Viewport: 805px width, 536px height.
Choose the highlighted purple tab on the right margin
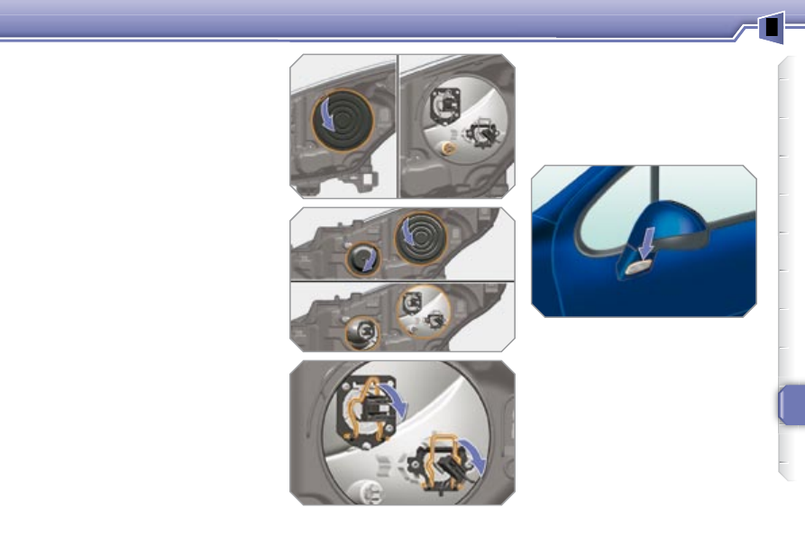point(791,406)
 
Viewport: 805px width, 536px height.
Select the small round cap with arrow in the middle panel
point(364,260)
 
